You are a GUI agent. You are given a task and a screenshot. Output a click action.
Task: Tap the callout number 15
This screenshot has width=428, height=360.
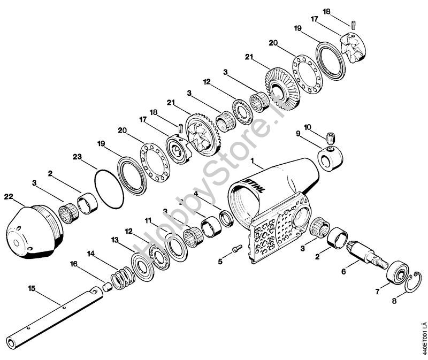[32, 288]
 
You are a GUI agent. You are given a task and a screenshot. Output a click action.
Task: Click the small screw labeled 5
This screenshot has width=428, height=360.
[237, 248]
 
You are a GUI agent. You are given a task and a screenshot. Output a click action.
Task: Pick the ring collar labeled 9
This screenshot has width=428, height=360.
[327, 159]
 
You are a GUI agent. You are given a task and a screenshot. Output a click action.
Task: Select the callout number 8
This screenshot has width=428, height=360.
[395, 301]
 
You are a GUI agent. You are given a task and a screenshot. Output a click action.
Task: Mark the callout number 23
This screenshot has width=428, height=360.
[78, 158]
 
